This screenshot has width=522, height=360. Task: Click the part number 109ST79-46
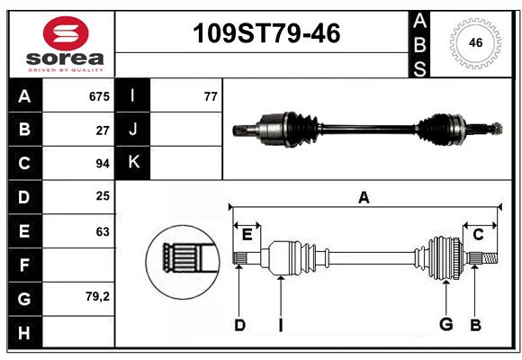(267, 34)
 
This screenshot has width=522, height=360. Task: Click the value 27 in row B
(103, 130)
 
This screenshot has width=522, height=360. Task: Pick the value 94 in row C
(102, 164)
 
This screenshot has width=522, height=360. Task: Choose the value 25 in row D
(103, 197)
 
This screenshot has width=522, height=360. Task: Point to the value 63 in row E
(103, 231)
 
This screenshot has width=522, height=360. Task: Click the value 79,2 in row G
(97, 298)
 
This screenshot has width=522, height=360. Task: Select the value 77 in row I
(211, 95)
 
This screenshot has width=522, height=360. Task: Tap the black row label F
(24, 265)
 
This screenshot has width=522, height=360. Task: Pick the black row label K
(133, 163)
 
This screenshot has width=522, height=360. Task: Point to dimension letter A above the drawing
(364, 197)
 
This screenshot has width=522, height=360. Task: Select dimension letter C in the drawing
(478, 235)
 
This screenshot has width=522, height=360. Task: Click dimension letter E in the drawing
(247, 235)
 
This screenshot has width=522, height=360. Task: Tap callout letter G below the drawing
(445, 324)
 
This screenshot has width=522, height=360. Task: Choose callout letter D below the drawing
(239, 324)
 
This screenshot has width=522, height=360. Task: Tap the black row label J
(133, 130)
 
